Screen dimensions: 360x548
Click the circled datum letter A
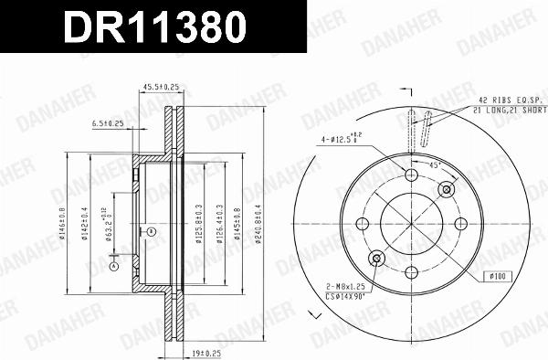[114, 267]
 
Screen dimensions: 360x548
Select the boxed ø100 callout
[497, 275]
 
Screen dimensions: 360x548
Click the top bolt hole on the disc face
[410, 175]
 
